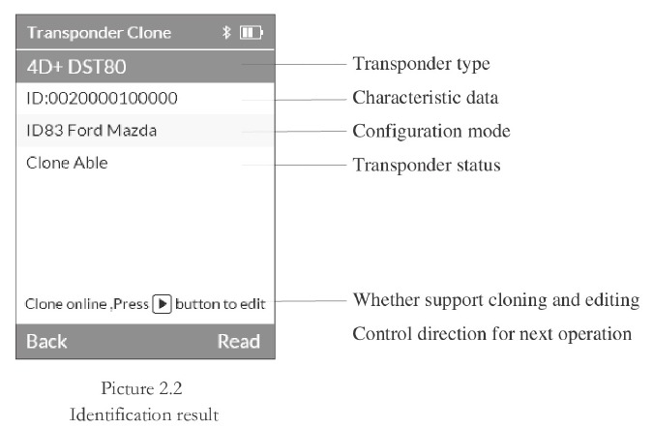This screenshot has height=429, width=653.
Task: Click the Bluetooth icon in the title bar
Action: point(226,32)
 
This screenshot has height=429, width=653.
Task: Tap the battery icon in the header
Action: point(252,33)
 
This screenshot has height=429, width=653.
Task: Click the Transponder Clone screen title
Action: point(99,33)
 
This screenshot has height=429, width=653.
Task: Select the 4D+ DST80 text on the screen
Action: point(76,67)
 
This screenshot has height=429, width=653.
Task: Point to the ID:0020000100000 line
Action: point(102,99)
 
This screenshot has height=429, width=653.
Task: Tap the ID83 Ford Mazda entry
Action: point(92,131)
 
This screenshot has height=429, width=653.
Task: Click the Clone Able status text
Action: point(67,163)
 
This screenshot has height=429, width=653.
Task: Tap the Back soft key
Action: point(46,342)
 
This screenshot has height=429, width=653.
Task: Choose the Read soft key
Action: point(239,342)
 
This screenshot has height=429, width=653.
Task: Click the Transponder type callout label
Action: point(421,64)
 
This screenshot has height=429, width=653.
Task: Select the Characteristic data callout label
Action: point(426,98)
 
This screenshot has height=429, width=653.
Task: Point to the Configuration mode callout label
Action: point(431,132)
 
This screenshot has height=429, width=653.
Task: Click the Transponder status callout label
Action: point(427,165)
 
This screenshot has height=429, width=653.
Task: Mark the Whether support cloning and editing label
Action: point(496,300)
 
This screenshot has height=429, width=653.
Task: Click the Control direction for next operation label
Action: point(491,334)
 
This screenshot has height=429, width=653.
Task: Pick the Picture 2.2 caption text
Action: point(141,388)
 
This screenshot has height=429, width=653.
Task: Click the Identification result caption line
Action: point(144,414)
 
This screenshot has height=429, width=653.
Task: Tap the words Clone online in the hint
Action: point(66,304)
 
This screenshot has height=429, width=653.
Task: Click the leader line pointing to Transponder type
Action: point(294,65)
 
